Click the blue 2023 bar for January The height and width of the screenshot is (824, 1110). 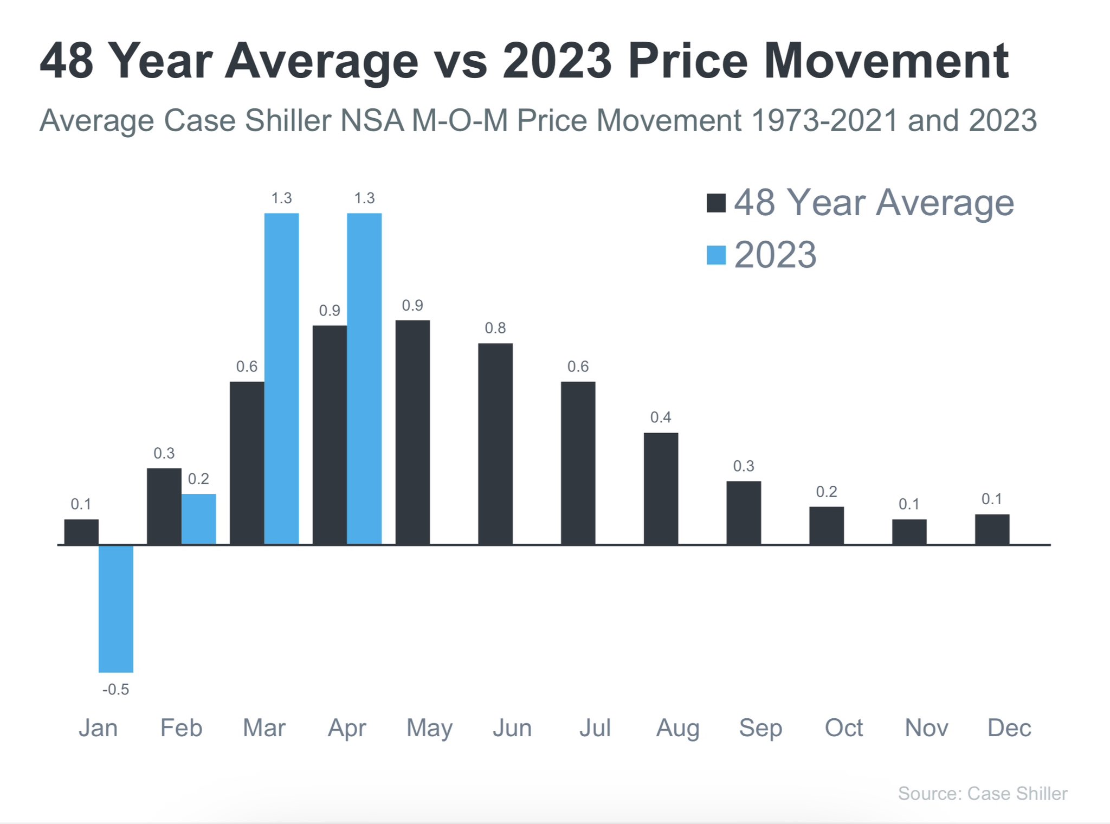[116, 608]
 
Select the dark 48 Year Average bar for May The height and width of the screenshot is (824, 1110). [412, 432]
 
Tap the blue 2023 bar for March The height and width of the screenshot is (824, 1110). [281, 378]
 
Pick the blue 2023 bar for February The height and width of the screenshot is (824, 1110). [198, 519]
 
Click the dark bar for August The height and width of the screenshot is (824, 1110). [661, 488]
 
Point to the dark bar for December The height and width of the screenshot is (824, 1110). [992, 529]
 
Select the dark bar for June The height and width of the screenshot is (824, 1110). [495, 443]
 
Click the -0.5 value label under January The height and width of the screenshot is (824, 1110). [116, 690]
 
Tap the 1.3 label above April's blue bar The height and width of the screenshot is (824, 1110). [364, 198]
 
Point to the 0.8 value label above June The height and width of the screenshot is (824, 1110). [495, 328]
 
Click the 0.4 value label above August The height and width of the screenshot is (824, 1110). [661, 417]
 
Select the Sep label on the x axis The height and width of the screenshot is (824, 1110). [760, 728]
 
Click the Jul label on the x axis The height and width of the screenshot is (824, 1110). [595, 728]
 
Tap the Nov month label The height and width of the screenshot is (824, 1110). [926, 728]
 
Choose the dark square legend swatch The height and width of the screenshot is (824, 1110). [716, 203]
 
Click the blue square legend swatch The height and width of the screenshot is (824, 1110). [716, 255]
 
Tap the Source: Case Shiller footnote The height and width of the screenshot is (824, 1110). [982, 794]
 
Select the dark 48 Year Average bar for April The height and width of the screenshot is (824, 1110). [330, 435]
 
